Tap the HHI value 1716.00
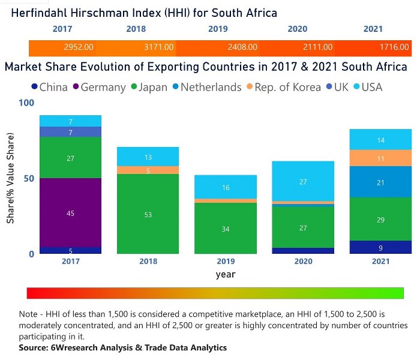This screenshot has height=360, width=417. [395, 47]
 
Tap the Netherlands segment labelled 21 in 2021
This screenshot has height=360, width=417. [380, 182]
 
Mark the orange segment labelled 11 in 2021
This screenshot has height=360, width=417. [380, 158]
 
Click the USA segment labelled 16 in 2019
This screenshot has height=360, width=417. [226, 187]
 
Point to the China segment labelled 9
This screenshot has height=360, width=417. [380, 247]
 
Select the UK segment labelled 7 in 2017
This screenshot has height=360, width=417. [70, 132]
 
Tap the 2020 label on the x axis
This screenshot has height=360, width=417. [302, 262]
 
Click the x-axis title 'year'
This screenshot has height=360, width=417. [225, 274]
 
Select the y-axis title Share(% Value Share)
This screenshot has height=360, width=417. [10, 178]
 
